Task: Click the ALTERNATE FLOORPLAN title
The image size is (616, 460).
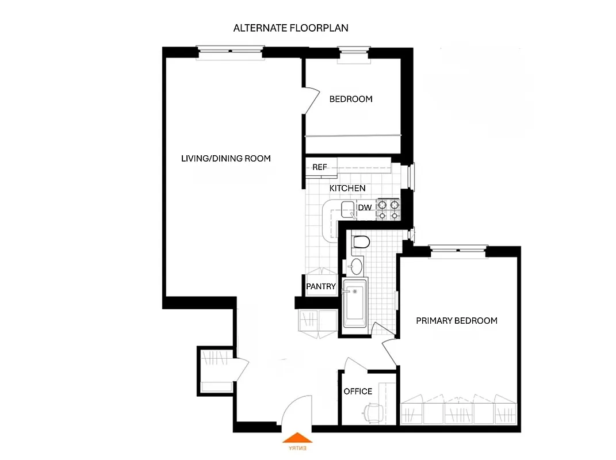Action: click(x=290, y=28)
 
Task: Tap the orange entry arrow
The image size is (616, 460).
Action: click(x=298, y=440)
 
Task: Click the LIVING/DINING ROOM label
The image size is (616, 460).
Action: click(x=225, y=158)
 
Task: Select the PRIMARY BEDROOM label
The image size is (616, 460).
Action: click(x=457, y=320)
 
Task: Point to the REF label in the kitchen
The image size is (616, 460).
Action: click(x=320, y=167)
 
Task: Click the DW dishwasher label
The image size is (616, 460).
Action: click(x=365, y=208)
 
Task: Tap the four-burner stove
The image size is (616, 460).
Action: click(x=388, y=209)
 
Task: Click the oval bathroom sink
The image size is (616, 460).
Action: click(x=357, y=266)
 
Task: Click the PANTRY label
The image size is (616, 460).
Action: click(x=321, y=286)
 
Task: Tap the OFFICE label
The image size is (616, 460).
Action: click(x=358, y=392)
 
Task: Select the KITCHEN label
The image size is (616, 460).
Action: click(x=347, y=188)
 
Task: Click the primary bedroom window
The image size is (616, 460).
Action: click(x=458, y=249)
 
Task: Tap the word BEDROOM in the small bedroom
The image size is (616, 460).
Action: click(x=351, y=99)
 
